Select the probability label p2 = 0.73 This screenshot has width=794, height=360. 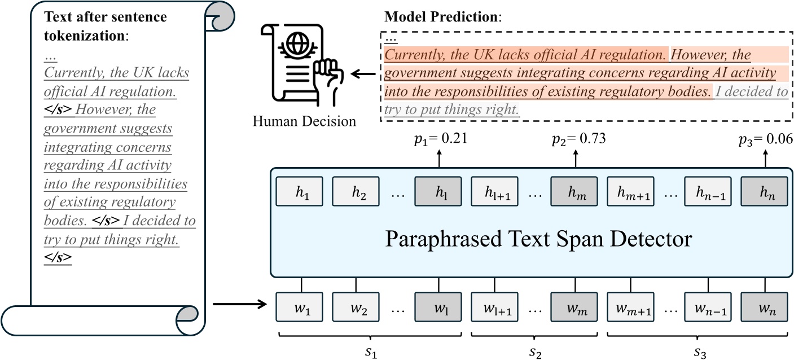tap(578, 139)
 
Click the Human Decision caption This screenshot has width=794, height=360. tap(305, 122)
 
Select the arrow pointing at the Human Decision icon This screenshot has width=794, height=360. tap(364, 73)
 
